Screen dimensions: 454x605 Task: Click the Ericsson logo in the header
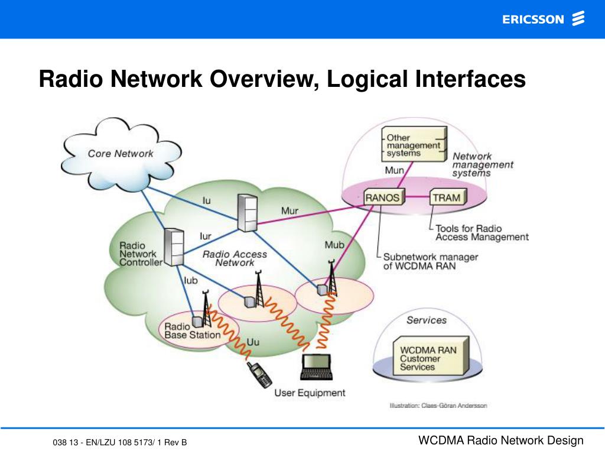[543, 20]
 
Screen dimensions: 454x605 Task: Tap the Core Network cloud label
[121, 154]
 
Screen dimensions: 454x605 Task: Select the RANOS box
[382, 197]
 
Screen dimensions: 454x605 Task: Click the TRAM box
[447, 197]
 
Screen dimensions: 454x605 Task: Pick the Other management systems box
[413, 145]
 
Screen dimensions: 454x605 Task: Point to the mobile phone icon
[260, 374]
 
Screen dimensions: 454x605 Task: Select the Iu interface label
[206, 201]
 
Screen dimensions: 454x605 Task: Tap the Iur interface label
[205, 236]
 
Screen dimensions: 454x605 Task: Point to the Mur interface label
[290, 210]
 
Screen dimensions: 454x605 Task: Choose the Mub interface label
[334, 245]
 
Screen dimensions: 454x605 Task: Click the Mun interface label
[395, 170]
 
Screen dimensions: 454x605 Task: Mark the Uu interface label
[253, 342]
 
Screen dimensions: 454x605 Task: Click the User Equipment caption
[310, 393]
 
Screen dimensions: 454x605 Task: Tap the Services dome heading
[426, 320]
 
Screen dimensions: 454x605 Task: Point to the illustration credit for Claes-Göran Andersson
[438, 406]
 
